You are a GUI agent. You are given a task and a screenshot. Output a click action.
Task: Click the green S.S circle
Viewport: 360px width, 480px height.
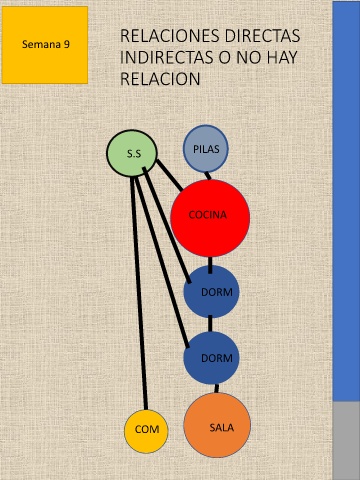coord(132,153)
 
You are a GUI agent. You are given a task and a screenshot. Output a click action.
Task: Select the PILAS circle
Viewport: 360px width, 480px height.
coord(206,149)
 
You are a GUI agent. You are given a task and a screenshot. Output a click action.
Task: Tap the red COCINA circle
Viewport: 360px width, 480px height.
coord(210,218)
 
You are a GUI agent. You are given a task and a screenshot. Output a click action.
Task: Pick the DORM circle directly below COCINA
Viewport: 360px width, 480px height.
coord(211,292)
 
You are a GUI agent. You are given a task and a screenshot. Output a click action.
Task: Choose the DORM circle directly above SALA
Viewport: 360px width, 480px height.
coord(211,358)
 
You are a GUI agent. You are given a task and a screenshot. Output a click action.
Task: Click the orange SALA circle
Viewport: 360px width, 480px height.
coord(217,425)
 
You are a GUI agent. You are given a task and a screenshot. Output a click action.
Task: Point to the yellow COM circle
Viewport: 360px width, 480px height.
coord(146,431)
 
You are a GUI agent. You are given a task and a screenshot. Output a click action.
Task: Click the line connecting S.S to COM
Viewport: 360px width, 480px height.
coord(139,293)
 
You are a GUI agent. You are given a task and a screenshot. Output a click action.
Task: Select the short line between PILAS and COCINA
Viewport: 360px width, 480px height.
coord(208,176)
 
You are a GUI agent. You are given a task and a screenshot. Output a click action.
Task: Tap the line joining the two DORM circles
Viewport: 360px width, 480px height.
coord(210,324)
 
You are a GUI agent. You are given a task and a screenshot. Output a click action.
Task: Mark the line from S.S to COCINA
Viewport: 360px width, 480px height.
coord(170,176)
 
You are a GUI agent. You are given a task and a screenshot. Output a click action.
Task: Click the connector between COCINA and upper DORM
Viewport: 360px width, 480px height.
coord(210,265)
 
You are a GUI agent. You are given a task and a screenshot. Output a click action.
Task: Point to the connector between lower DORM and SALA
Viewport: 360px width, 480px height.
coord(217,388)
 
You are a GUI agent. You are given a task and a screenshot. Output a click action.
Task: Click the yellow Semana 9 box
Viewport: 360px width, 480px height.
coord(45,45)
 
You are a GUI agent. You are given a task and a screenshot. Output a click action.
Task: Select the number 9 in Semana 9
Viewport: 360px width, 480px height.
coord(67,44)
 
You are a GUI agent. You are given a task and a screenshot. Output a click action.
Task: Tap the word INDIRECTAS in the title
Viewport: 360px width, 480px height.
coord(167,57)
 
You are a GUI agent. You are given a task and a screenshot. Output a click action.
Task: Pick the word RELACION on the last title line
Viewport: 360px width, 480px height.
coord(160,79)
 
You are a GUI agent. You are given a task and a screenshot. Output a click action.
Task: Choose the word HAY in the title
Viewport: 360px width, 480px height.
coord(282,57)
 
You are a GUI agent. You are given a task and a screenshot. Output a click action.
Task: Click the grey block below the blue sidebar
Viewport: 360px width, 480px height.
coord(346,441)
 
